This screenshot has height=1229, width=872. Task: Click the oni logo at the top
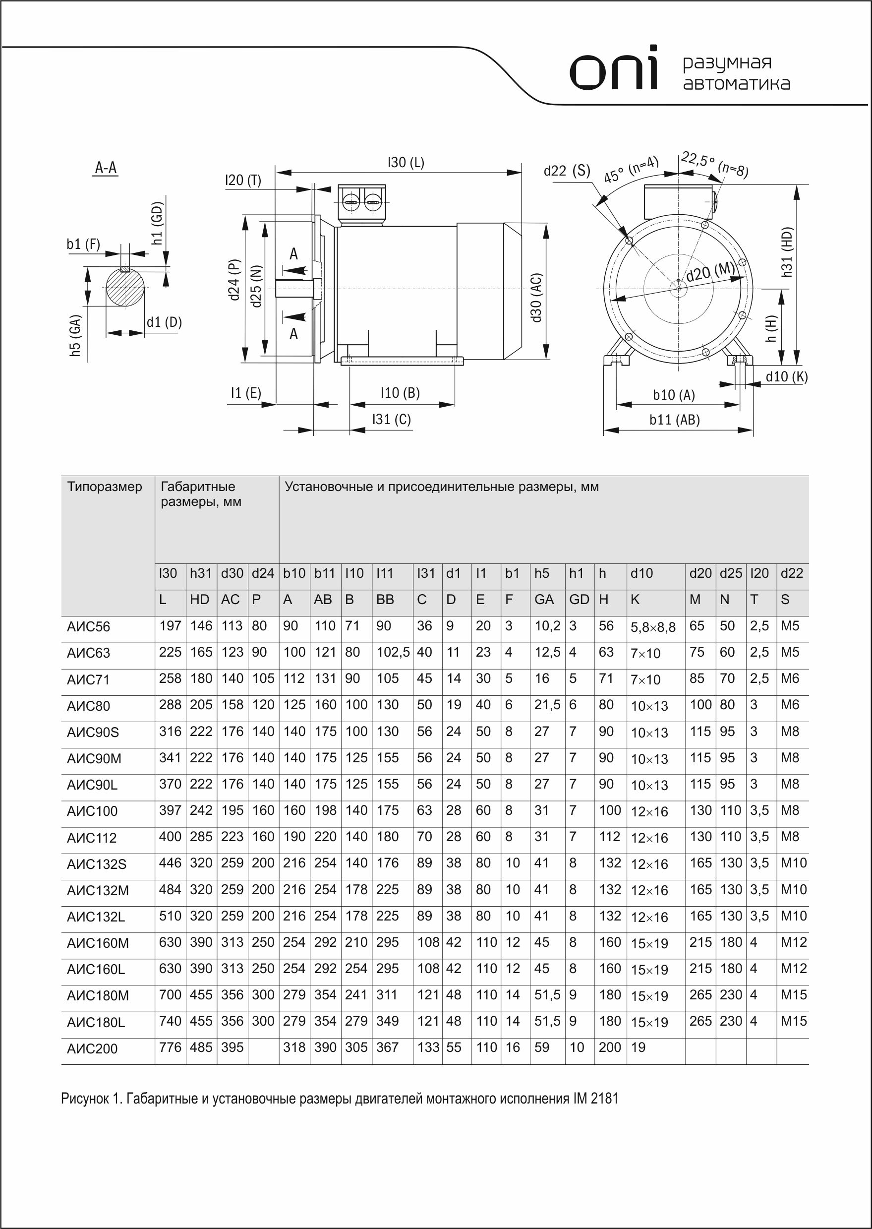(x=614, y=69)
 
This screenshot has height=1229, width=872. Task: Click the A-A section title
(x=106, y=168)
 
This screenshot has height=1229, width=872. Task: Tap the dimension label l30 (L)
(x=406, y=162)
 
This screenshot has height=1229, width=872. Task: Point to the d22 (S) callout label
(x=567, y=171)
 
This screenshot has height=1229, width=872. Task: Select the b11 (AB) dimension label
(x=674, y=420)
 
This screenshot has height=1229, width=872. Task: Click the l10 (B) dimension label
(x=400, y=393)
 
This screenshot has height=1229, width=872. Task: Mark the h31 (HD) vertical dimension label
(x=787, y=252)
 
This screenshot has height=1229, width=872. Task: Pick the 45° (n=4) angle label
(x=631, y=170)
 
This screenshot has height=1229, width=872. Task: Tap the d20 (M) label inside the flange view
(x=710, y=272)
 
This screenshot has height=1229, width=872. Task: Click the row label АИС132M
(x=98, y=891)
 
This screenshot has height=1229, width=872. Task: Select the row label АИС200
(x=92, y=1048)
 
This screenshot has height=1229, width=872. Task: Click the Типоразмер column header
(x=105, y=487)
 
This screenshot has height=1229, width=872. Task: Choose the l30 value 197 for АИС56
(x=170, y=626)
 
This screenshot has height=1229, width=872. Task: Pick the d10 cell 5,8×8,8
(x=653, y=627)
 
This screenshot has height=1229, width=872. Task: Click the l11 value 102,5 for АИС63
(x=393, y=652)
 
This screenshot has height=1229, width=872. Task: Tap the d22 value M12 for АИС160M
(x=793, y=942)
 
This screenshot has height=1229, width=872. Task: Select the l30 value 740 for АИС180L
(x=170, y=1021)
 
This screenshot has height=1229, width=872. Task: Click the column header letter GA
(x=544, y=600)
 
